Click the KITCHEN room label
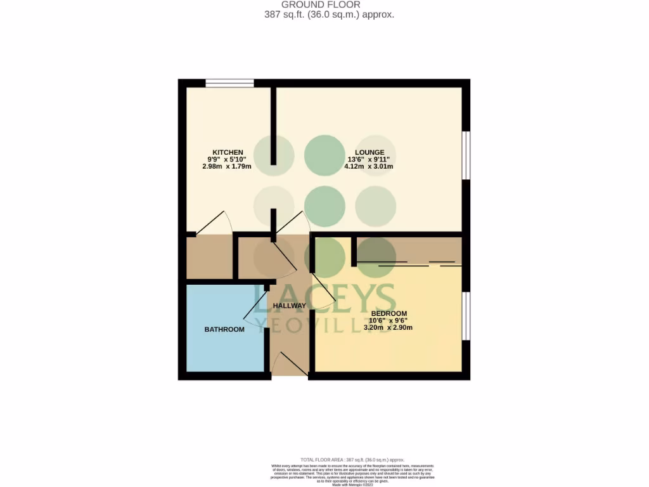[x=228, y=152]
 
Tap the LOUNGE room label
[x=369, y=152]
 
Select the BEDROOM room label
[x=389, y=314]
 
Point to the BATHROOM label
[x=224, y=329]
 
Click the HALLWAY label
[x=290, y=306]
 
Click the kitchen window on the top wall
[x=229, y=82]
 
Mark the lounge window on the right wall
[x=466, y=155]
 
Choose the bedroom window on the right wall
[x=466, y=316]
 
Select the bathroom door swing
[x=257, y=312]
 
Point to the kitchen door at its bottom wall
[x=214, y=223]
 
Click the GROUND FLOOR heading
[x=330, y=4]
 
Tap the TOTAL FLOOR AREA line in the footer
[x=352, y=459]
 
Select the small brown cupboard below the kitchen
[x=209, y=257]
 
